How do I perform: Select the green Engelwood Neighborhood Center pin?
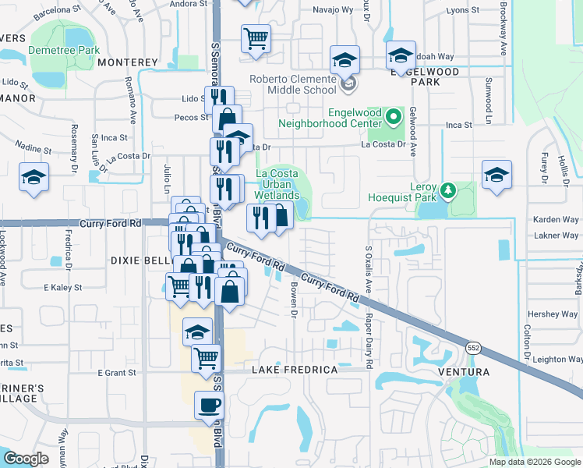(x=394, y=118)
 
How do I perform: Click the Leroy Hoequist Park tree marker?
(x=447, y=190)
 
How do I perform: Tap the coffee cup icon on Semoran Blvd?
(x=208, y=406)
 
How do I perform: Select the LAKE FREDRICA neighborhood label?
(x=294, y=370)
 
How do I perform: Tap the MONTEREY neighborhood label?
(x=128, y=62)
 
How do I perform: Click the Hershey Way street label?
(x=552, y=314)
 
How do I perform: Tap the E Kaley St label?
(x=62, y=288)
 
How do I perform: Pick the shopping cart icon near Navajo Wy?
(x=255, y=38)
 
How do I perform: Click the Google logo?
(x=26, y=459)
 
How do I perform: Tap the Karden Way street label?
(x=555, y=219)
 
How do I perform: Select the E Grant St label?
(x=117, y=373)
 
